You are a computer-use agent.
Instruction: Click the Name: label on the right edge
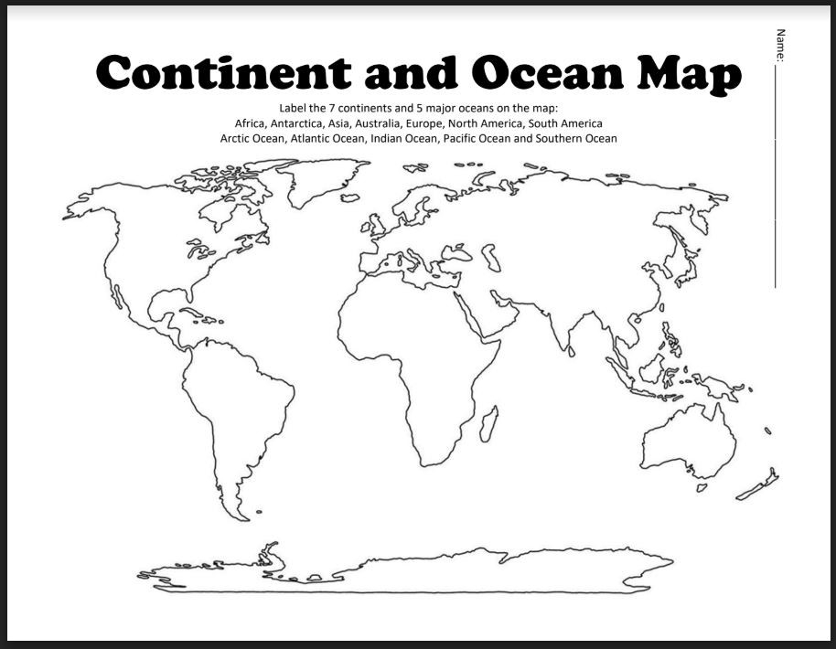780,46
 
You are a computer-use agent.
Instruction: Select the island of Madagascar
489,425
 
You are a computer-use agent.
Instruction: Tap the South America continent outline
242,411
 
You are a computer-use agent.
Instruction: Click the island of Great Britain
374,223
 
